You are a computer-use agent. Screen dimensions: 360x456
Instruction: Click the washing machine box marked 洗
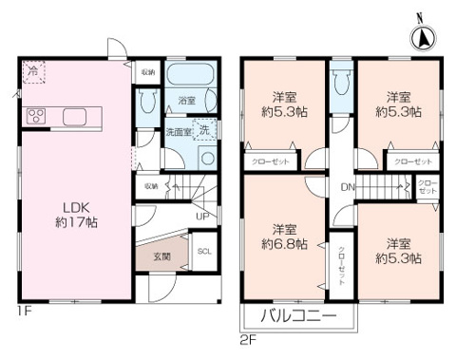pos(204,131)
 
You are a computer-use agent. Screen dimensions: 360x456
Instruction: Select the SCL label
pos(204,252)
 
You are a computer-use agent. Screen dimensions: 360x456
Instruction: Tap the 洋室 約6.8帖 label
pos(282,236)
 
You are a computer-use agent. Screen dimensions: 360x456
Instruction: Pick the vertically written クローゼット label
pos(342,266)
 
